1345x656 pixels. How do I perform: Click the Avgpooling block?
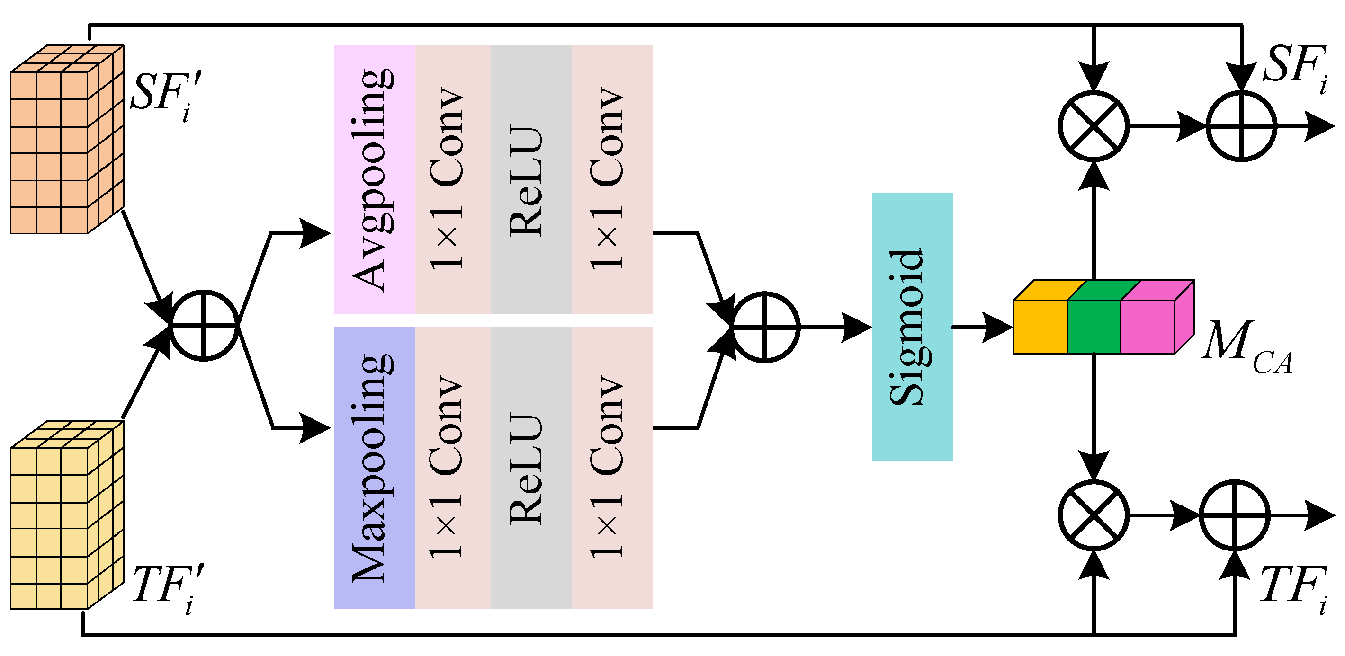tap(374, 180)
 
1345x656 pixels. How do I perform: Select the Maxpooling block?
tap(374, 468)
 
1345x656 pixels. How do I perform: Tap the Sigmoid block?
tap(912, 327)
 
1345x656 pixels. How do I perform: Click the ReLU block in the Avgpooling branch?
tap(531, 180)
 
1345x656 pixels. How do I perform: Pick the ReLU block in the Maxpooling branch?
tap(531, 468)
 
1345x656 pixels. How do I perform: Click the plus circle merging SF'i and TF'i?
tap(204, 325)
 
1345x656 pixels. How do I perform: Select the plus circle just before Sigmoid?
tap(765, 327)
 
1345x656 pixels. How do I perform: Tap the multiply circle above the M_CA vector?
tap(1094, 126)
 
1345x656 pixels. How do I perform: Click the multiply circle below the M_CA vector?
tap(1094, 515)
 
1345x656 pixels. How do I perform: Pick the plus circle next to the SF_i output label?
tap(1241, 126)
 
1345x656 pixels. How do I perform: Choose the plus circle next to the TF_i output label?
tap(1234, 515)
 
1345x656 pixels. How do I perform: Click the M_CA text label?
tap(1245, 347)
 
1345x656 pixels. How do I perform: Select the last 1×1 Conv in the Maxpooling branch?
tap(612, 468)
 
